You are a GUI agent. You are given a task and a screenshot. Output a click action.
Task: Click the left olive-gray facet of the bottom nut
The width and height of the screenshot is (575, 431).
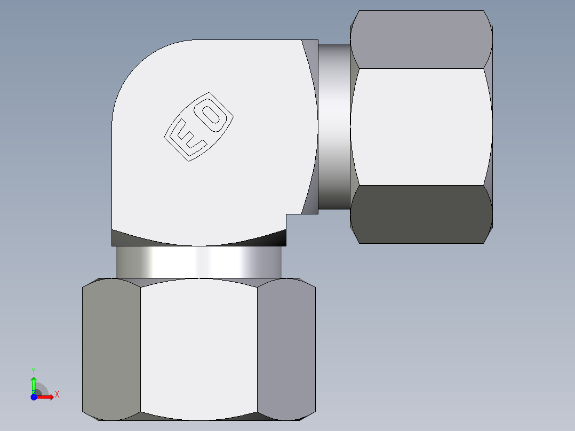pos(111,349)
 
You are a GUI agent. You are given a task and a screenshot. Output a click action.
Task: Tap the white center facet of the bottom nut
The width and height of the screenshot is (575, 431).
pos(198,349)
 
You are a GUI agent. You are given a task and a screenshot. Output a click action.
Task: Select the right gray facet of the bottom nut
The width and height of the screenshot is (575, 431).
pos(286,349)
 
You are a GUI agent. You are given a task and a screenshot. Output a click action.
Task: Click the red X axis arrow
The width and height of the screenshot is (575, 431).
pos(47,397)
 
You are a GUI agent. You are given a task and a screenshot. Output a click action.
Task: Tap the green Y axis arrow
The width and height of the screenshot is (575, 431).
pos(34,383)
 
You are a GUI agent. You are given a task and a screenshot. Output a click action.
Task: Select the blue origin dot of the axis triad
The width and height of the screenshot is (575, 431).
pos(34,397)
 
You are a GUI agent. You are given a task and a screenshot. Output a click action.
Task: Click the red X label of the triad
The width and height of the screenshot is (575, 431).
pos(57,395)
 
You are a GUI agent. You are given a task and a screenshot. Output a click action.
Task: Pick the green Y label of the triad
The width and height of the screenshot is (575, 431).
pos(34,370)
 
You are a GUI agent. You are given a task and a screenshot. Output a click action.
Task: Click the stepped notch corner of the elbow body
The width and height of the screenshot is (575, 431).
pos(287,214)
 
